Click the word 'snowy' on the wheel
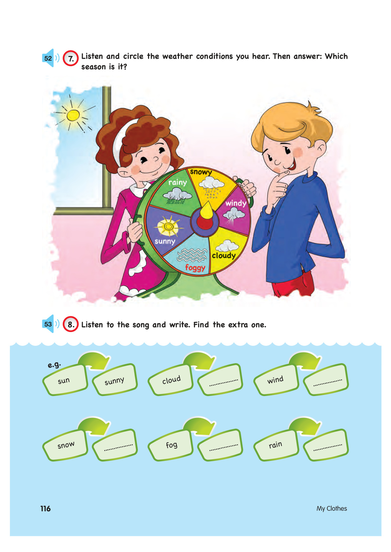click(x=201, y=172)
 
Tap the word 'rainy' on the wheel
click(x=178, y=183)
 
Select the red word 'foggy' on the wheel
click(x=195, y=267)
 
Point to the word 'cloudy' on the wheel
click(x=224, y=256)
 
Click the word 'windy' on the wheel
click(x=236, y=203)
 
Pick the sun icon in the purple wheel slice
click(x=169, y=226)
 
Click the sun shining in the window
click(x=73, y=115)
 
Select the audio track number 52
click(x=48, y=58)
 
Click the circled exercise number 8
click(x=71, y=324)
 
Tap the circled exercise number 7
click(x=71, y=58)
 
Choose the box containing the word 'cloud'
click(x=170, y=380)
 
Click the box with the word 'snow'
click(x=65, y=445)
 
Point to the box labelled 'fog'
click(x=170, y=445)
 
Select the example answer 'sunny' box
click(x=115, y=380)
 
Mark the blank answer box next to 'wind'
click(x=326, y=380)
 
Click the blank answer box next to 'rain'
click(x=326, y=445)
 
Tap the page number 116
click(x=45, y=509)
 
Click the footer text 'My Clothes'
click(x=332, y=509)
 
